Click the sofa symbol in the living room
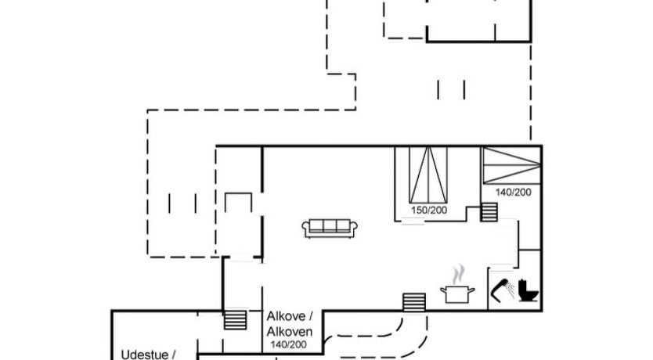[330, 229]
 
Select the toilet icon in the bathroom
[528, 290]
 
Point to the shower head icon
[500, 289]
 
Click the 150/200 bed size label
[429, 211]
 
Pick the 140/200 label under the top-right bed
[513, 193]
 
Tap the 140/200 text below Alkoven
[289, 344]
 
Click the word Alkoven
[290, 332]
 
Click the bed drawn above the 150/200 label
[428, 175]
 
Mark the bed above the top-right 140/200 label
[512, 165]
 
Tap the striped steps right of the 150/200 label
[489, 212]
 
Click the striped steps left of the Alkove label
[236, 319]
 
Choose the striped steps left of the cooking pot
[414, 303]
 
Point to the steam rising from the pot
[459, 274]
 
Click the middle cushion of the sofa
[330, 226]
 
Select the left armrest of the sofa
[306, 229]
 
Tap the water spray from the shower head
[510, 290]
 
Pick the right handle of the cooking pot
[471, 290]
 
